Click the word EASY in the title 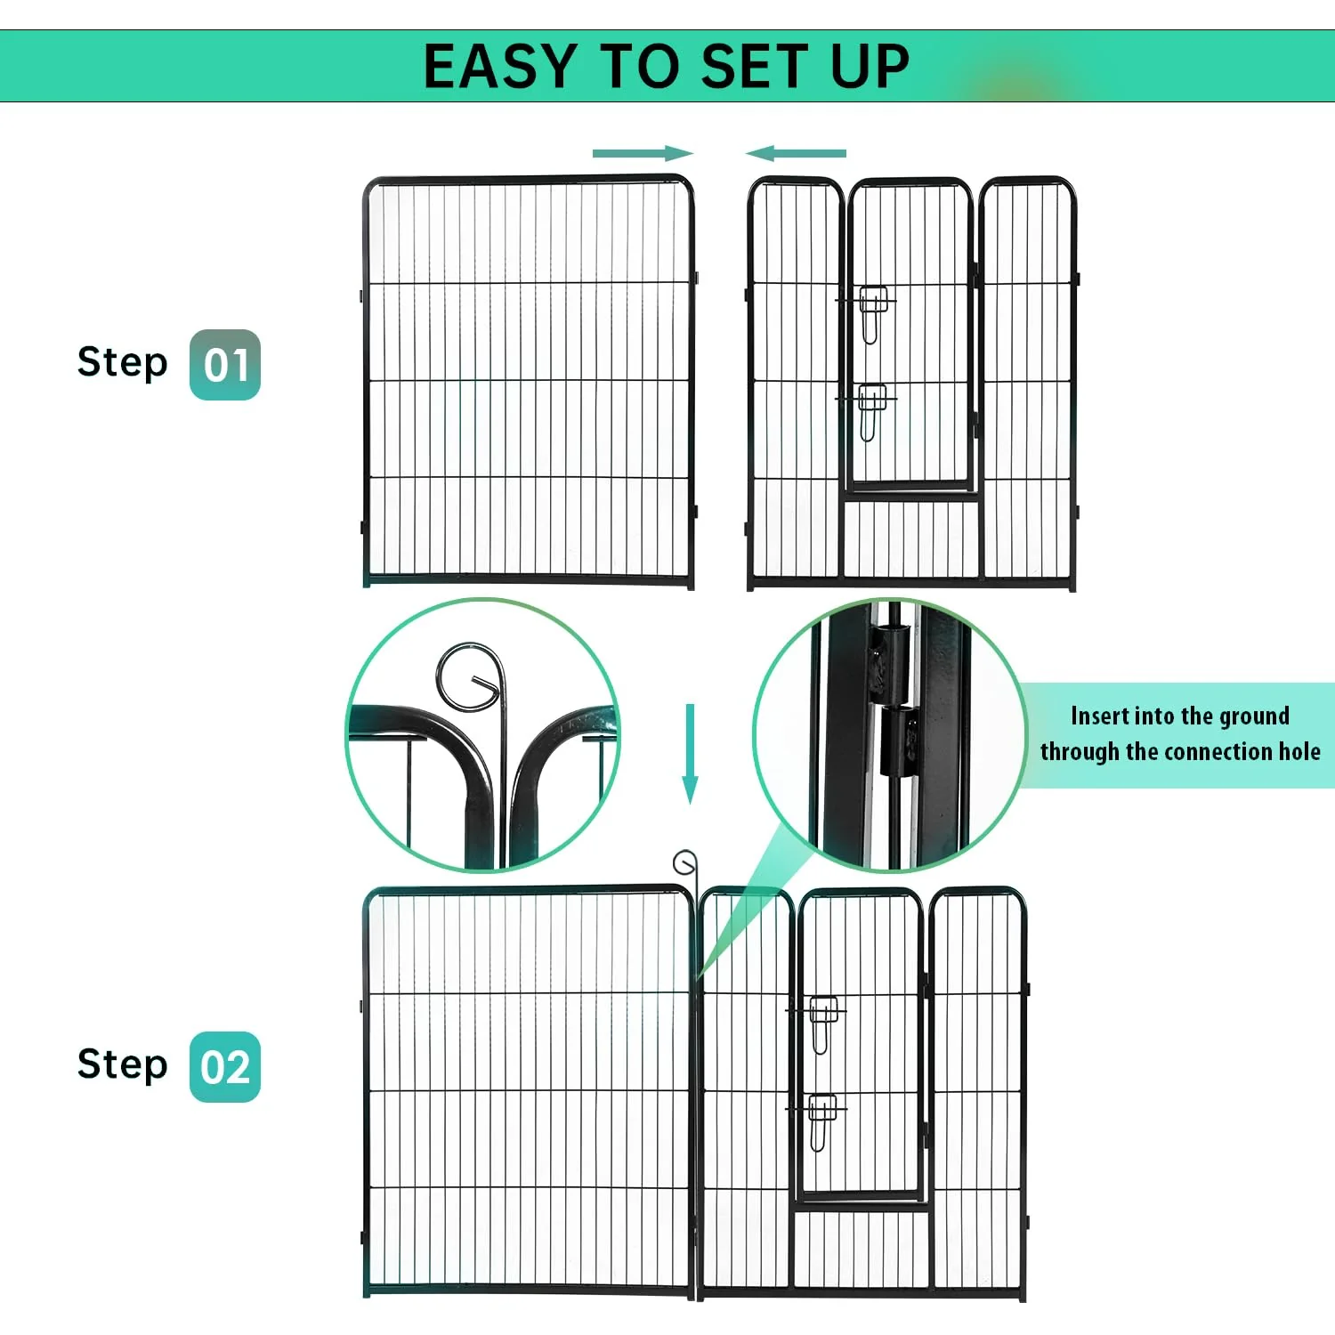[x=500, y=67]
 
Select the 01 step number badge [x=225, y=365]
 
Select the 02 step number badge [x=225, y=1067]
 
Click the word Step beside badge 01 [x=123, y=362]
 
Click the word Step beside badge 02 [x=123, y=1064]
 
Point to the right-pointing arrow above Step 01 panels [x=643, y=153]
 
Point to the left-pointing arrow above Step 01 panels [x=796, y=153]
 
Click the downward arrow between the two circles [x=690, y=754]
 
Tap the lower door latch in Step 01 [x=872, y=411]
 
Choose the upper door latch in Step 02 [x=823, y=1024]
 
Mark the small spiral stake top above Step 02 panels [x=684, y=862]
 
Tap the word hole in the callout [x=1299, y=751]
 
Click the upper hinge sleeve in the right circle [x=890, y=662]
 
